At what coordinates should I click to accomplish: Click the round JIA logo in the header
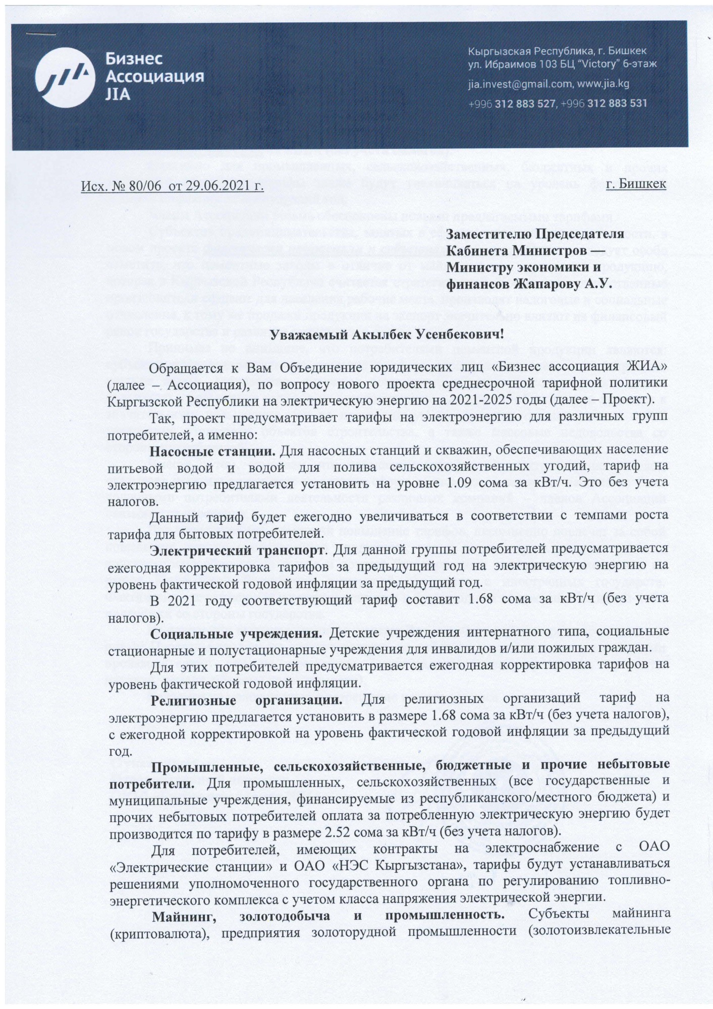pos(68,80)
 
